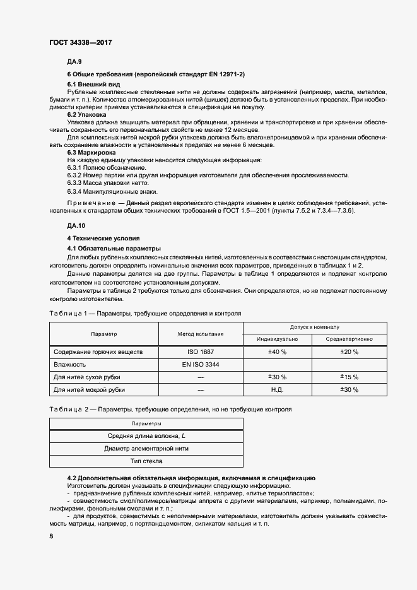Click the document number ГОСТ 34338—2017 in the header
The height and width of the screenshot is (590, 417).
click(81, 42)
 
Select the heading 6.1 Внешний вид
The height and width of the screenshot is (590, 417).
click(94, 84)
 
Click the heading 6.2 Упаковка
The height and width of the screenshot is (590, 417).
click(86, 115)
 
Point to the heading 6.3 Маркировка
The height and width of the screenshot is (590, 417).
click(91, 153)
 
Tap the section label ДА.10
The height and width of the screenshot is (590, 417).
click(76, 225)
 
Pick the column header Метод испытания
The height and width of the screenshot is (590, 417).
click(201, 333)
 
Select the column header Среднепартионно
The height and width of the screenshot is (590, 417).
click(349, 339)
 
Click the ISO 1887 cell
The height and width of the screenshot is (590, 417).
click(201, 351)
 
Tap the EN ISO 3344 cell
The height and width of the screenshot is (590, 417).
click(201, 364)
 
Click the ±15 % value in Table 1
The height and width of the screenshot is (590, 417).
click(349, 377)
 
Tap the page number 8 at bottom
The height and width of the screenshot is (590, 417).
click(51, 536)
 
